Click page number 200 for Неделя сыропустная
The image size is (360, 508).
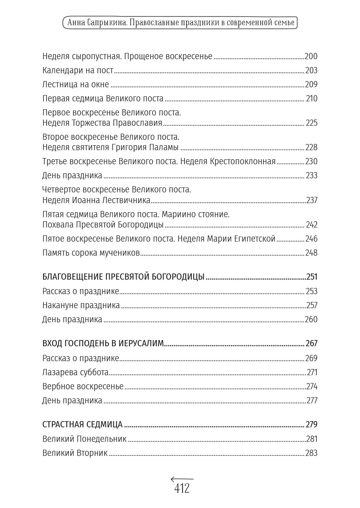pyautogui.click(x=311, y=57)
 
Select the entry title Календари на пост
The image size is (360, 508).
pyautogui.click(x=78, y=71)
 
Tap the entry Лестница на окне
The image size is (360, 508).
pyautogui.click(x=76, y=85)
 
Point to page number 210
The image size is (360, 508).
pyautogui.click(x=312, y=99)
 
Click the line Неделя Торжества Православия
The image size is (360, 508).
pyautogui.click(x=102, y=123)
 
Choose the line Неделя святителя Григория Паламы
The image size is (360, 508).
pyautogui.click(x=110, y=148)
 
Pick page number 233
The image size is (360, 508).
pyautogui.click(x=311, y=175)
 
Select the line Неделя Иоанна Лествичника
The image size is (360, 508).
pyautogui.click(x=96, y=200)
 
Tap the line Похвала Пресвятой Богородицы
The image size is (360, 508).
pyautogui.click(x=103, y=225)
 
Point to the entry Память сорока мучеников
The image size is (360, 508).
pyautogui.click(x=91, y=253)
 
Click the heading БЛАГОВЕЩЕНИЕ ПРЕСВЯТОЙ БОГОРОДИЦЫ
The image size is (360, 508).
pyautogui.click(x=123, y=277)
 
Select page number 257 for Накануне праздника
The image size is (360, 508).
pyautogui.click(x=311, y=305)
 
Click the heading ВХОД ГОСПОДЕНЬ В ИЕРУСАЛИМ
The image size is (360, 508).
pyautogui.click(x=103, y=344)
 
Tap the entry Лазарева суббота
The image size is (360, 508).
pyautogui.click(x=75, y=372)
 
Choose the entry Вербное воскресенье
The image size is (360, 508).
pyautogui.click(x=83, y=386)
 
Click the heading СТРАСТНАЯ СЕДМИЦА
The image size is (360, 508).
pyautogui.click(x=82, y=425)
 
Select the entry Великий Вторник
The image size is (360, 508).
pyautogui.click(x=75, y=453)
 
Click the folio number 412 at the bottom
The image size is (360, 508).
pyautogui.click(x=182, y=489)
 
